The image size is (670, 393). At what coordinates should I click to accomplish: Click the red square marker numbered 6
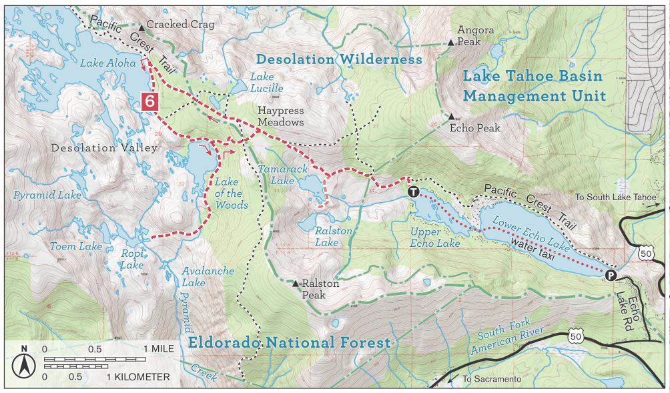point(151,101)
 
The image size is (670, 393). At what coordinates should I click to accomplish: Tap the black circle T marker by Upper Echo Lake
point(414,192)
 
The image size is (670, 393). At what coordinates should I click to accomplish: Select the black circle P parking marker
point(610,275)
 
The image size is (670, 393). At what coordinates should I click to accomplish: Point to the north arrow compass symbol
point(24,364)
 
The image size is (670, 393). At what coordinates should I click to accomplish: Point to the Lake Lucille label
point(266,83)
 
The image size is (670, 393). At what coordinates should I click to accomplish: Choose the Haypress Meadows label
point(281,117)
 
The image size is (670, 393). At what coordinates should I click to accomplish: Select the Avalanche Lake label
point(208,277)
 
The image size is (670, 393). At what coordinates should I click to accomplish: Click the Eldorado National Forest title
point(289,343)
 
